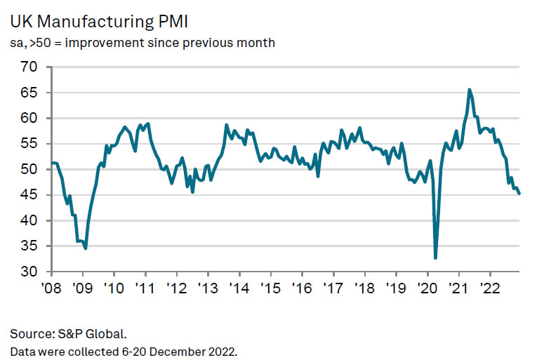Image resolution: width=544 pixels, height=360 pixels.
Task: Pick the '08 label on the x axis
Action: pyautogui.click(x=51, y=287)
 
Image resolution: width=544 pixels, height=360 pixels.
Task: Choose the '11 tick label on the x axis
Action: pyautogui.click(x=145, y=287)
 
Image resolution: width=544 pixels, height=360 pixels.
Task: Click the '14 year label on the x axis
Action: pyautogui.click(x=239, y=287)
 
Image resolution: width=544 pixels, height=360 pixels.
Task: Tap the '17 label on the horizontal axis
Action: pyautogui.click(x=333, y=287)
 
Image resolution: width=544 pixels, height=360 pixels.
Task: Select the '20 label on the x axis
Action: pyautogui.click(x=427, y=287)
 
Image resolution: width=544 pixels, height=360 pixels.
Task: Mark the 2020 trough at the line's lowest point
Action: pyautogui.click(x=436, y=258)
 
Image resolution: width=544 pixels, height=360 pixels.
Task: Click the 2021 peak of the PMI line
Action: pyautogui.click(x=470, y=90)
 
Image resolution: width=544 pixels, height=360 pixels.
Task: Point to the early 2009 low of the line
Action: pyautogui.click(x=85, y=248)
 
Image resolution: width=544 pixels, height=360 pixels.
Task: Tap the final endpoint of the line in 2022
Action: pyautogui.click(x=519, y=194)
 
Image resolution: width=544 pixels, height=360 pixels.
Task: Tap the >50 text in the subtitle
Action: pyautogui.click(x=39, y=43)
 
